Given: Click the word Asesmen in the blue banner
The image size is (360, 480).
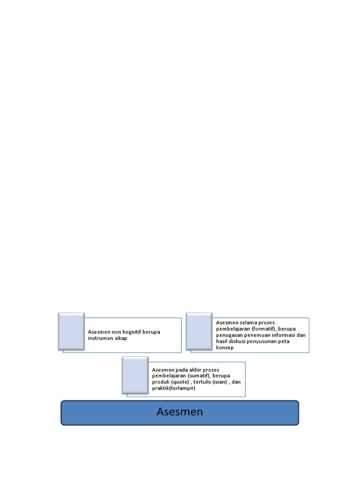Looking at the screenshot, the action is [180, 412].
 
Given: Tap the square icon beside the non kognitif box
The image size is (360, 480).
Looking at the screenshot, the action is [71, 331].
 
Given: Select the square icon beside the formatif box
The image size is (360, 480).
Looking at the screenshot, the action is [199, 331].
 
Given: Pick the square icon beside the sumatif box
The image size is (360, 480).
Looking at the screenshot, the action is [135, 375].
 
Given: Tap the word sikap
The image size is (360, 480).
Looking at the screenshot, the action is [121, 338].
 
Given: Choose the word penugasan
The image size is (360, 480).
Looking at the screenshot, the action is [230, 335].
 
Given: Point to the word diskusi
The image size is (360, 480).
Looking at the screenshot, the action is [240, 341].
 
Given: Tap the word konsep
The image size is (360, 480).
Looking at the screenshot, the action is [225, 347].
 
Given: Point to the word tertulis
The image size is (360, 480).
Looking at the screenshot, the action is [203, 382].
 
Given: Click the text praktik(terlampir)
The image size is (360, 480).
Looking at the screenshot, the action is [173, 388].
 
